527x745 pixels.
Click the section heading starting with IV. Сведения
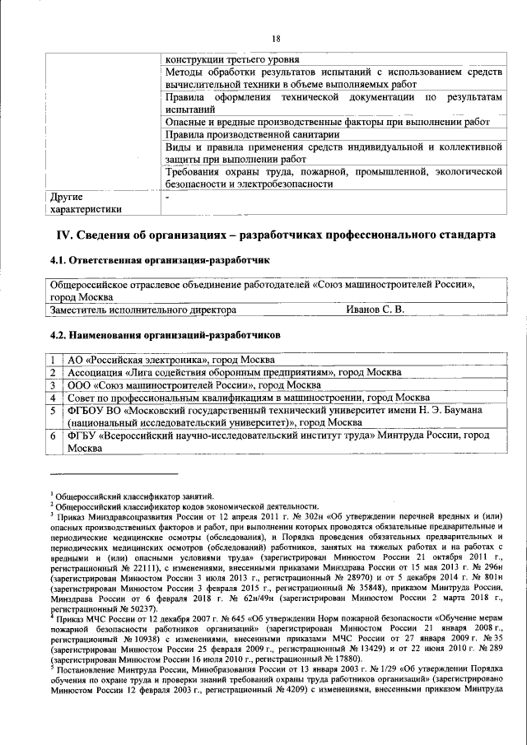point(275,235)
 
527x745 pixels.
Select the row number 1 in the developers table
point(52,360)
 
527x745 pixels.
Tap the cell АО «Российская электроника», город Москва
point(170,360)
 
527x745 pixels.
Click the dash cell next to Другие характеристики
point(167,198)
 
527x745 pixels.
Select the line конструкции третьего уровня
point(232,60)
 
